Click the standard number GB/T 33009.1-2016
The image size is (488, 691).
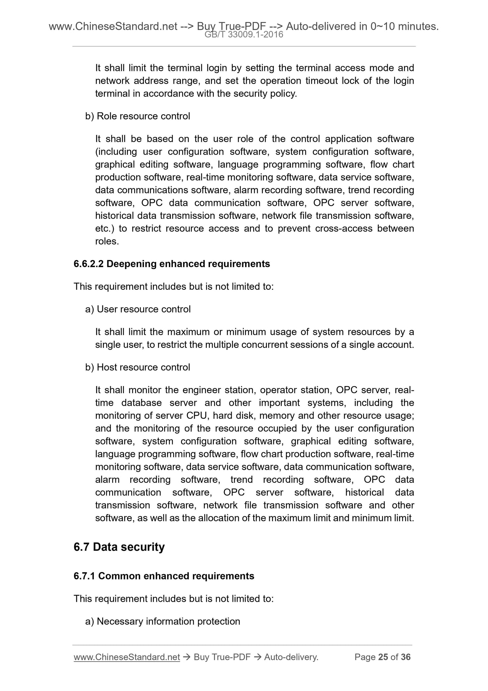(x=244, y=34)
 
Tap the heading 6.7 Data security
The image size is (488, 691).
(x=119, y=547)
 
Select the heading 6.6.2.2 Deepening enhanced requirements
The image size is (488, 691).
(x=172, y=264)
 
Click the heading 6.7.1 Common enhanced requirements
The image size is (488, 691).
(x=164, y=576)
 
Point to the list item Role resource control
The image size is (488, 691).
(x=143, y=116)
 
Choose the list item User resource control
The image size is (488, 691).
(x=144, y=309)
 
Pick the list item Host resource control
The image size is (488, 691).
(x=143, y=367)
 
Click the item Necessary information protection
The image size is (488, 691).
(x=168, y=621)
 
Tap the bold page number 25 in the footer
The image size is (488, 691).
(x=383, y=657)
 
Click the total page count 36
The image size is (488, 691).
(x=405, y=657)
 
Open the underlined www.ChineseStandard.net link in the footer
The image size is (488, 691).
(x=127, y=657)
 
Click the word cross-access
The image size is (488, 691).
(x=344, y=229)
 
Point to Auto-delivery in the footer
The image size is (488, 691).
(x=291, y=657)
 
